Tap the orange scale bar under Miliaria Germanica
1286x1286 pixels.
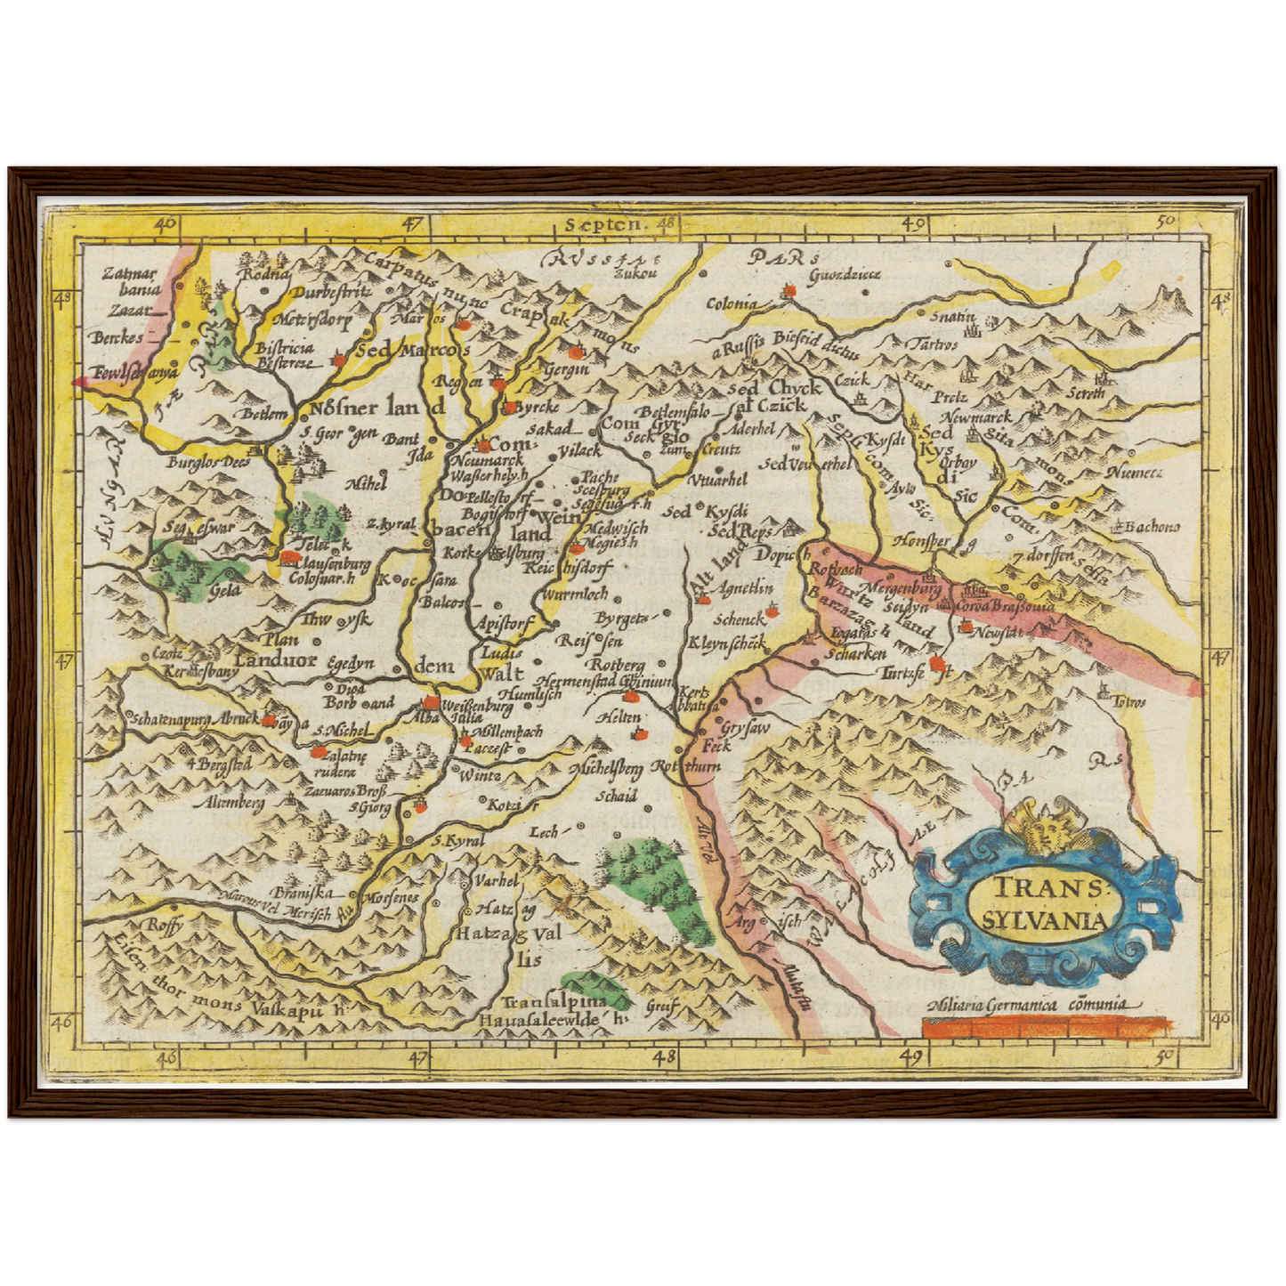(1045, 1029)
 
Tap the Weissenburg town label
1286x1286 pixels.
(477, 707)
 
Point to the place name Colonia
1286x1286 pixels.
(732, 303)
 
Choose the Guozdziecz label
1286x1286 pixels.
(843, 274)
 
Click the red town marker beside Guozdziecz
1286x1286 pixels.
(788, 290)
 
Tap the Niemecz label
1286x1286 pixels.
(1134, 473)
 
